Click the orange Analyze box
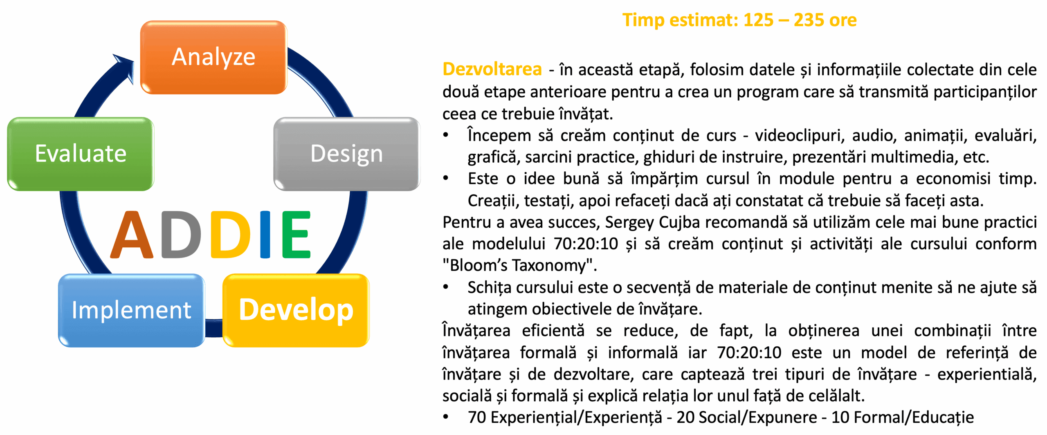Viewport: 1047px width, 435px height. pyautogui.click(x=213, y=57)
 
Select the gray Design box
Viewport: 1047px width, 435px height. pyautogui.click(x=347, y=154)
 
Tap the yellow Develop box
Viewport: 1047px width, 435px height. pyautogui.click(x=296, y=310)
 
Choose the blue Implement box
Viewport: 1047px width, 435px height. pyautogui.click(x=131, y=310)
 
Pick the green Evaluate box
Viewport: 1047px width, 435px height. pyautogui.click(x=81, y=154)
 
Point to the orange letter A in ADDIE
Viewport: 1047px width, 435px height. pyautogui.click(x=132, y=235)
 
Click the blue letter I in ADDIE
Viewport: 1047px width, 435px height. pyautogui.click(x=265, y=235)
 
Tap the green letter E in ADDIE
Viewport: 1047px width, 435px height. pyautogui.click(x=297, y=235)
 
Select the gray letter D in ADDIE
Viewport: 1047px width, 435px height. pyautogui.click(x=181, y=235)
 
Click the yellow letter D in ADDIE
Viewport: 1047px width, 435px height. pyautogui.click(x=231, y=235)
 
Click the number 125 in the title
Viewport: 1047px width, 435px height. pyautogui.click(x=758, y=20)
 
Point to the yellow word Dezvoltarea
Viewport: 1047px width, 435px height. pyautogui.click(x=492, y=69)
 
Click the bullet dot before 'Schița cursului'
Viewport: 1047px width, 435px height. pyautogui.click(x=446, y=287)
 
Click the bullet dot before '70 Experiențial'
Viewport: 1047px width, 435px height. pyautogui.click(x=446, y=417)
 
